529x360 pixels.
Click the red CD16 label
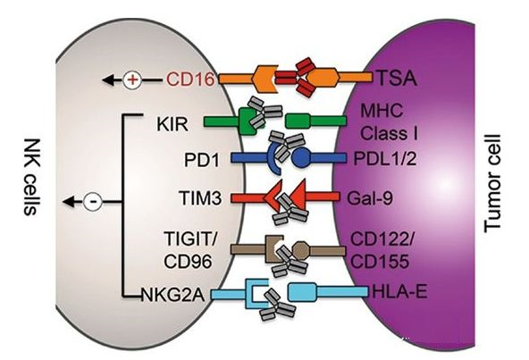(x=190, y=80)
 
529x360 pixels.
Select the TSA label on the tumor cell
(x=396, y=78)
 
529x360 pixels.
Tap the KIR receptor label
(x=172, y=124)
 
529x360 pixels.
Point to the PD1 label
(x=202, y=160)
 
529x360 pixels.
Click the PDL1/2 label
(x=385, y=158)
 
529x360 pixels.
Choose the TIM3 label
(x=201, y=197)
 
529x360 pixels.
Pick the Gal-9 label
(x=370, y=198)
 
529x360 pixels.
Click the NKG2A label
(x=172, y=296)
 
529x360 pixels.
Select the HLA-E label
(x=399, y=291)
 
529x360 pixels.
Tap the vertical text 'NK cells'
(x=31, y=177)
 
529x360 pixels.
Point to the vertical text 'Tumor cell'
(x=492, y=183)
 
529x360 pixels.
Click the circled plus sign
(x=132, y=80)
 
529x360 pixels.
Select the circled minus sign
(x=92, y=202)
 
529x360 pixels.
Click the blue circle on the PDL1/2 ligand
(x=300, y=158)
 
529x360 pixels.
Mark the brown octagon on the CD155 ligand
(x=300, y=251)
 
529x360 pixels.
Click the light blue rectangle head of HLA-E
(x=302, y=292)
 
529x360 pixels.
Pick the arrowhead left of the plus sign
(x=108, y=80)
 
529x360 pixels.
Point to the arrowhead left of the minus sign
(x=69, y=202)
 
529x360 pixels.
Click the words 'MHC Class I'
(x=389, y=121)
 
